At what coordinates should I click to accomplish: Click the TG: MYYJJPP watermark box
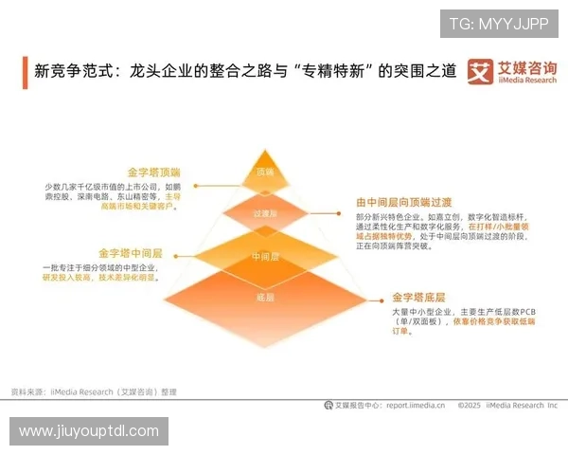499,24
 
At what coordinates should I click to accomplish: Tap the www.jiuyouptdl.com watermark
89,431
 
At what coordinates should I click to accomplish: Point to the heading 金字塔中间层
131,253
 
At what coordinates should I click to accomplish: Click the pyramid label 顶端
265,173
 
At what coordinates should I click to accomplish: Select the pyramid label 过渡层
265,215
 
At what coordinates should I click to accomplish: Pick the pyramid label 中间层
265,256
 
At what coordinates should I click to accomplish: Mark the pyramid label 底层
265,298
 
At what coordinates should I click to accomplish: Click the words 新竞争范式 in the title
72,71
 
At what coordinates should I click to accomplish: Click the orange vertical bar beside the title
25,72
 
